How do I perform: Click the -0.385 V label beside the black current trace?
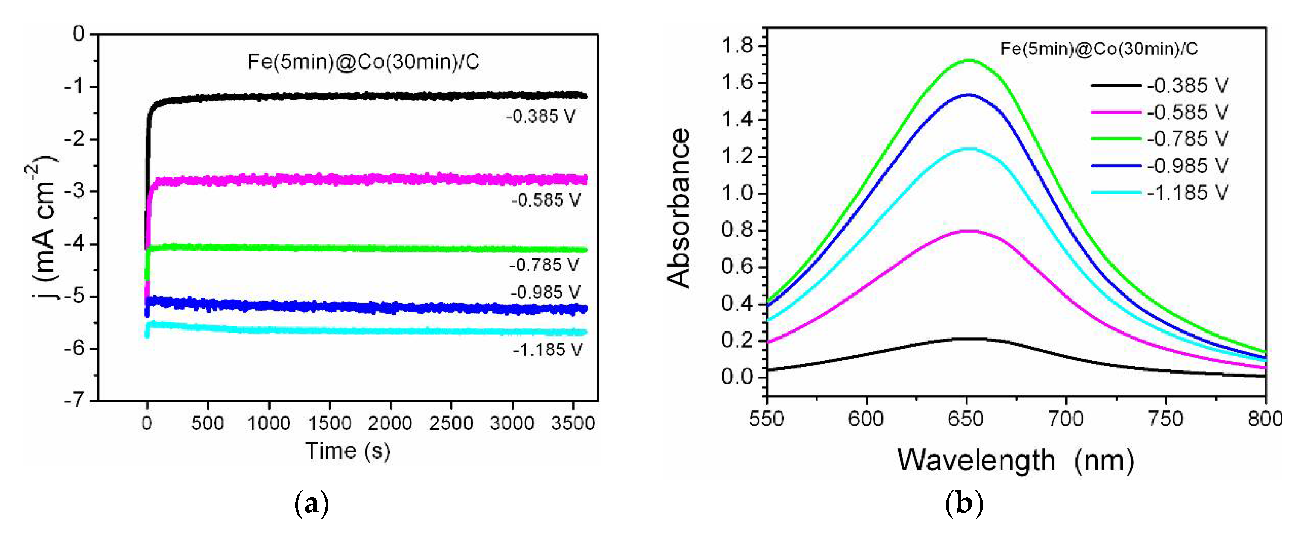click(541, 117)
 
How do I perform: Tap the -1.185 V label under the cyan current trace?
click(547, 350)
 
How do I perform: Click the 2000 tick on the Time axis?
click(390, 422)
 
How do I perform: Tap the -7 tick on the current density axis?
click(74, 401)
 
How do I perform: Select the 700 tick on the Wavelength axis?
click(1066, 419)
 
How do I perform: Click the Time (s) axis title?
click(348, 451)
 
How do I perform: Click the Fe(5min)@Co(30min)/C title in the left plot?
click(363, 62)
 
